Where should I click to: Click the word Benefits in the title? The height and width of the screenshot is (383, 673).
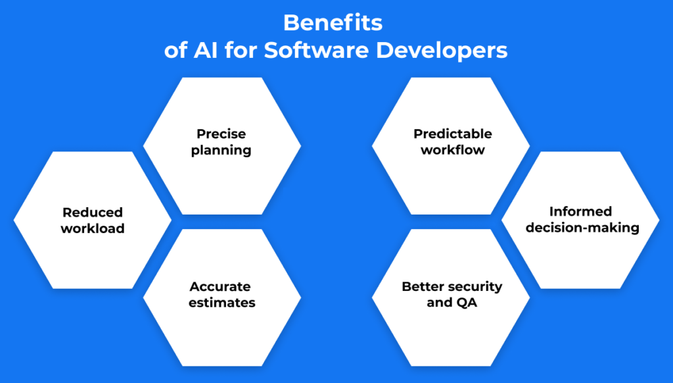(333, 23)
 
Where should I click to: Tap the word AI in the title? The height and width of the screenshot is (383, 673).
(206, 50)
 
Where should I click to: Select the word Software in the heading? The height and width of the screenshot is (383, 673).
(316, 50)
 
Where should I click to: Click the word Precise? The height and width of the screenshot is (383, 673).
(221, 134)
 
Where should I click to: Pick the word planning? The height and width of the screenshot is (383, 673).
(221, 151)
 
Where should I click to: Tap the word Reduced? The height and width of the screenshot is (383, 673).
(93, 213)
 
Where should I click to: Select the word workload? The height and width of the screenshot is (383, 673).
(93, 228)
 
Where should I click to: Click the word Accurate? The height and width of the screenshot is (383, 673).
(220, 287)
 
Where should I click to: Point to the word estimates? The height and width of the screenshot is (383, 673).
(222, 303)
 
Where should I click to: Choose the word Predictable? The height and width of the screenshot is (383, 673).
(453, 134)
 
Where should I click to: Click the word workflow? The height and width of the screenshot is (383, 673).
(453, 149)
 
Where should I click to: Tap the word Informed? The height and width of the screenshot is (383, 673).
(581, 211)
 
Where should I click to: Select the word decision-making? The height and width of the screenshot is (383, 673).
(582, 228)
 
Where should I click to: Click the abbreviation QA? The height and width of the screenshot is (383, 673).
(467, 303)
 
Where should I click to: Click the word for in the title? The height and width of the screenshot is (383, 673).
(241, 50)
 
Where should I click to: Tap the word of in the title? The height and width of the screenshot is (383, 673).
(175, 50)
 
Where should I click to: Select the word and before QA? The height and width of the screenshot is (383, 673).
(440, 303)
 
